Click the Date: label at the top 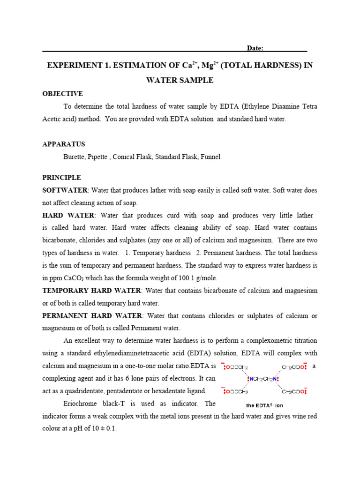[x=255, y=48]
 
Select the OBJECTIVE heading [x=62, y=94]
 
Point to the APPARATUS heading [x=63, y=144]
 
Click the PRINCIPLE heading [x=61, y=178]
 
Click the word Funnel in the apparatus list [x=210, y=157]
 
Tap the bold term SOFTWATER [x=65, y=190]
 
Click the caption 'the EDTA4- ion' [x=264, y=405]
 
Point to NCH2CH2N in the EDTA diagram [x=263, y=379]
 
